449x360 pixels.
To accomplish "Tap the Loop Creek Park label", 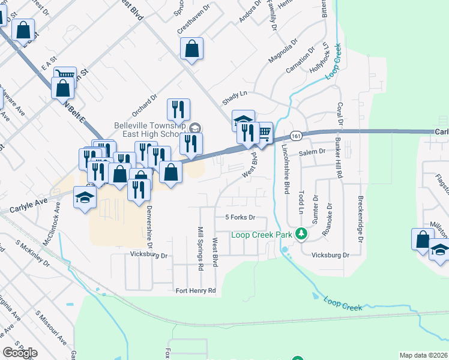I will point(262,234).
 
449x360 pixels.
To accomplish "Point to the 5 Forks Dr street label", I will point(240,217).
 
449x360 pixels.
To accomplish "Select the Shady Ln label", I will point(235,99).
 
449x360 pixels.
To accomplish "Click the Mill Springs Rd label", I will point(200,248).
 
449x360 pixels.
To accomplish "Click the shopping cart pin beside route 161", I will point(264,133).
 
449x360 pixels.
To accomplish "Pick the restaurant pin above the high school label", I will point(178,109).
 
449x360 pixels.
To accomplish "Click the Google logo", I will point(20,353).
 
